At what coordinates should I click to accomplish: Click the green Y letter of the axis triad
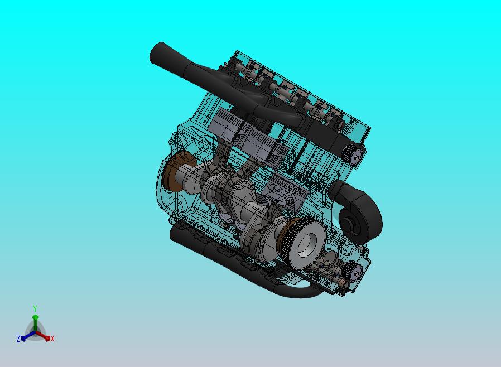point(35,308)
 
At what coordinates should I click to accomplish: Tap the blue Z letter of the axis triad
point(18,338)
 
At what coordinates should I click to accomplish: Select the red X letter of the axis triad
point(52,339)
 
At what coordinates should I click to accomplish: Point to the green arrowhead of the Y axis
point(35,317)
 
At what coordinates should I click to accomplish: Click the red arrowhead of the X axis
point(47,338)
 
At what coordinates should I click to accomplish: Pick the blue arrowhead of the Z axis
point(23,338)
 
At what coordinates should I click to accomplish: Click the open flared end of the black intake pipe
point(157,54)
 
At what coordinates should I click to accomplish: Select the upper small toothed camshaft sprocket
point(353,154)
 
